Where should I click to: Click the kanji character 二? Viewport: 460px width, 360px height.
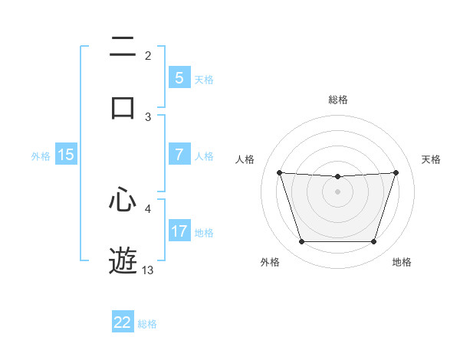pyautogui.click(x=123, y=47)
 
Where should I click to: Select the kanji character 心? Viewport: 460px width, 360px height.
pyautogui.click(x=123, y=200)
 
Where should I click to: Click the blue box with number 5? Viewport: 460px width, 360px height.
pyautogui.click(x=179, y=78)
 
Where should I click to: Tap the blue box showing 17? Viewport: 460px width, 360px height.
pyautogui.click(x=179, y=231)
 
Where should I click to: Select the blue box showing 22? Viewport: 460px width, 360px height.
pyautogui.click(x=123, y=322)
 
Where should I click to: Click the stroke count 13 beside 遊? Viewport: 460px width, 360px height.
pyautogui.click(x=148, y=270)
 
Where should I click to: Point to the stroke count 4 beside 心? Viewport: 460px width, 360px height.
pyautogui.click(x=148, y=208)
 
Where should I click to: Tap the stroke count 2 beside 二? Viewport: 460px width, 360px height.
pyautogui.click(x=148, y=55)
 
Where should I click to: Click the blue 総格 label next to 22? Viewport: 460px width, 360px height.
pyautogui.click(x=147, y=324)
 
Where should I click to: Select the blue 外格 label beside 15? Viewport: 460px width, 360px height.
pyautogui.click(x=41, y=156)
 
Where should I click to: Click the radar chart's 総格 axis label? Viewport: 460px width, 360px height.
pyautogui.click(x=338, y=100)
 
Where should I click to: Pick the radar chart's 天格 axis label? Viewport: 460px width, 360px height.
pyautogui.click(x=431, y=159)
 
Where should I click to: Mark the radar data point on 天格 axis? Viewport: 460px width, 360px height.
pyautogui.click(x=396, y=172)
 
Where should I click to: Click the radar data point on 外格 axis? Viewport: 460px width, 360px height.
pyautogui.click(x=301, y=242)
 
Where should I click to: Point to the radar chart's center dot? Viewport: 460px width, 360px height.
pyautogui.click(x=338, y=191)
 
